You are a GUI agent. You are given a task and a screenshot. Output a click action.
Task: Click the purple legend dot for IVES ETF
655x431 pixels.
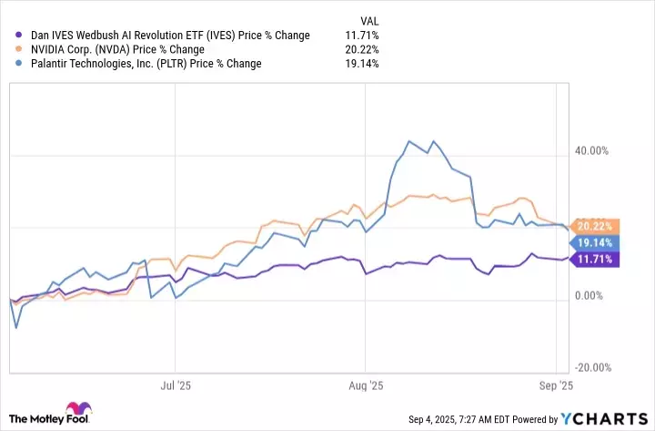[x=11, y=36]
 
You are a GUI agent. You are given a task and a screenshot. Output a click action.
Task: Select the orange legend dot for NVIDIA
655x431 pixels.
[x=11, y=49]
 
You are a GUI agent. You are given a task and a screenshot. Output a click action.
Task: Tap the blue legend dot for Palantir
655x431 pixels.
[x=11, y=64]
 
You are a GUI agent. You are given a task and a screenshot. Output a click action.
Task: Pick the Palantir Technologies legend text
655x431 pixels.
[x=140, y=64]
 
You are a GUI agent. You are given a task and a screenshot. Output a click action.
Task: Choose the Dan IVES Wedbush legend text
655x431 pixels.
[x=165, y=36]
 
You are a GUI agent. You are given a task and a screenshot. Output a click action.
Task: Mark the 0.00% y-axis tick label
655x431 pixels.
[x=596, y=296]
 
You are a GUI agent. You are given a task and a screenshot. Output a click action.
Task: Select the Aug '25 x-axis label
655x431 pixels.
[x=365, y=386]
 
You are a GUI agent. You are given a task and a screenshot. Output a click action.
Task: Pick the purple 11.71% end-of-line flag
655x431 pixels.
[x=593, y=261]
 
